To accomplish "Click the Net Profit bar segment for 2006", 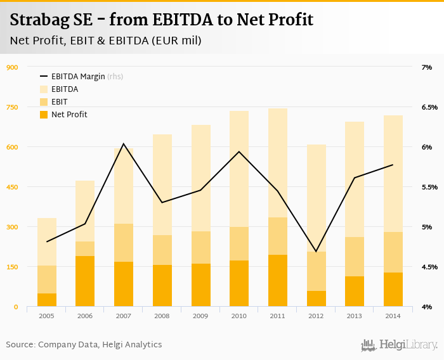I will coord(85,281).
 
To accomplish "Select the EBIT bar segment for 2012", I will coord(316,271).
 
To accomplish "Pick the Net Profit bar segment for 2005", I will coord(46,300).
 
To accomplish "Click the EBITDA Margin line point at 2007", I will coord(124,144).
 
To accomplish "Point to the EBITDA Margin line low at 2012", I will coord(316,252).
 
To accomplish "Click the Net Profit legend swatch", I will coord(44,115).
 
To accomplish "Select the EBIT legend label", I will coord(60,102).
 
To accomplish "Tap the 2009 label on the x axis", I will coord(200,315).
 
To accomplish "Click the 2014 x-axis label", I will coord(393,315).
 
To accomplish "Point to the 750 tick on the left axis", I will coord(11,107).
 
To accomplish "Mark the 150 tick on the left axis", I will coord(11,267).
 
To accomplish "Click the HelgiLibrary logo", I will coord(399,345).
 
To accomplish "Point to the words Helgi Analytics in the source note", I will coord(132,345).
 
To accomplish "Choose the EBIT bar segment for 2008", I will coord(162,250).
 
